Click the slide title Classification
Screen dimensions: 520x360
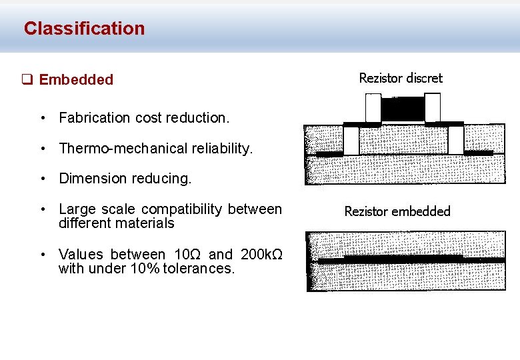(x=84, y=29)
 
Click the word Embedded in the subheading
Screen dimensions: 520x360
(x=76, y=80)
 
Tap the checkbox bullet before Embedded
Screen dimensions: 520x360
(x=27, y=80)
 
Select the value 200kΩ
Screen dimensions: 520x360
(x=262, y=255)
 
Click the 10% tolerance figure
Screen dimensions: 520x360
(x=147, y=269)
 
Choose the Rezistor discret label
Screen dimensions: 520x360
(x=400, y=78)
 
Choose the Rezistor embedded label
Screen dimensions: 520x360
(x=397, y=211)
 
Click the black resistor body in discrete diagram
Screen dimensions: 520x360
(x=403, y=109)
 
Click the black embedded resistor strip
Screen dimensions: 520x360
(x=403, y=257)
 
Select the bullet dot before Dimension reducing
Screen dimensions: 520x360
(x=42, y=179)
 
